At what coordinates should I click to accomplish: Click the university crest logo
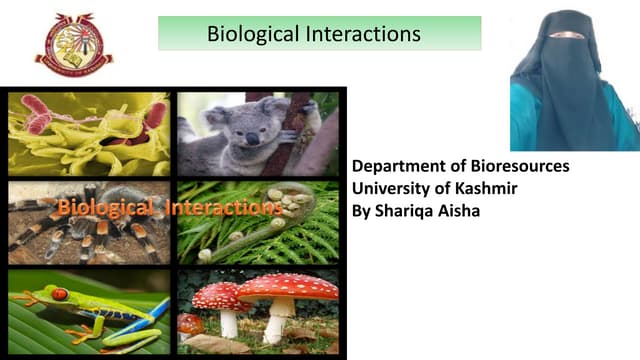(x=74, y=44)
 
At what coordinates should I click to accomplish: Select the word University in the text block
(x=392, y=189)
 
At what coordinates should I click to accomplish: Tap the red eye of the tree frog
(x=60, y=295)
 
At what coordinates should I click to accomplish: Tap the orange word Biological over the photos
(x=106, y=209)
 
